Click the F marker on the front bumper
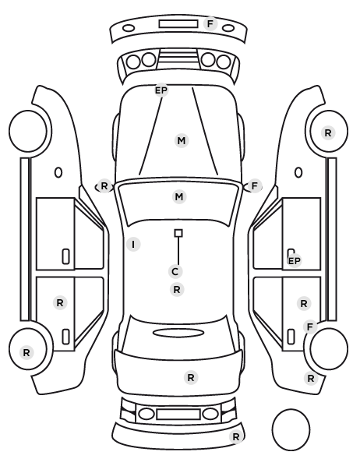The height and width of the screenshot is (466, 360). pyautogui.click(x=210, y=23)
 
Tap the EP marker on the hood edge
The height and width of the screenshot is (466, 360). pyautogui.click(x=161, y=90)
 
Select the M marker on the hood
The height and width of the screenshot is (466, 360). pyautogui.click(x=182, y=140)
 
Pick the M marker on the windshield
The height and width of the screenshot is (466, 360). pyautogui.click(x=179, y=196)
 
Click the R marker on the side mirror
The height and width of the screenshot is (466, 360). pyautogui.click(x=104, y=186)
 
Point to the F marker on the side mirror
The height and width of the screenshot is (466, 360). pyautogui.click(x=255, y=186)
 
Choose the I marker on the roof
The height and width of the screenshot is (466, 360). pyautogui.click(x=133, y=244)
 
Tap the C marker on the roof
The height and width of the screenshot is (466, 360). pyautogui.click(x=175, y=271)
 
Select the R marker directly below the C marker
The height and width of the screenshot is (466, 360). pyautogui.click(x=177, y=289)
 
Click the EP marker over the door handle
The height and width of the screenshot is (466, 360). pyautogui.click(x=295, y=260)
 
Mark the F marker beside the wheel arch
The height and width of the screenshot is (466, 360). pyautogui.click(x=310, y=327)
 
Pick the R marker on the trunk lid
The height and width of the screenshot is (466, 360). pyautogui.click(x=191, y=378)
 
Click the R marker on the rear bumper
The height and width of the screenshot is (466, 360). pyautogui.click(x=236, y=437)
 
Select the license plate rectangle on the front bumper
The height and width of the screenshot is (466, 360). pyautogui.click(x=178, y=24)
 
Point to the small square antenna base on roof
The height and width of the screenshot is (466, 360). pyautogui.click(x=178, y=233)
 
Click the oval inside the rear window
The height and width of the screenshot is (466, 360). pyautogui.click(x=178, y=333)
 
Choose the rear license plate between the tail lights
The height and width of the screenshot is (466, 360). pyautogui.click(x=178, y=414)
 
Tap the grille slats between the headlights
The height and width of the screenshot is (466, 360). pyautogui.click(x=178, y=57)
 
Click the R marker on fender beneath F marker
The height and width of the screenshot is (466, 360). pyautogui.click(x=311, y=378)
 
